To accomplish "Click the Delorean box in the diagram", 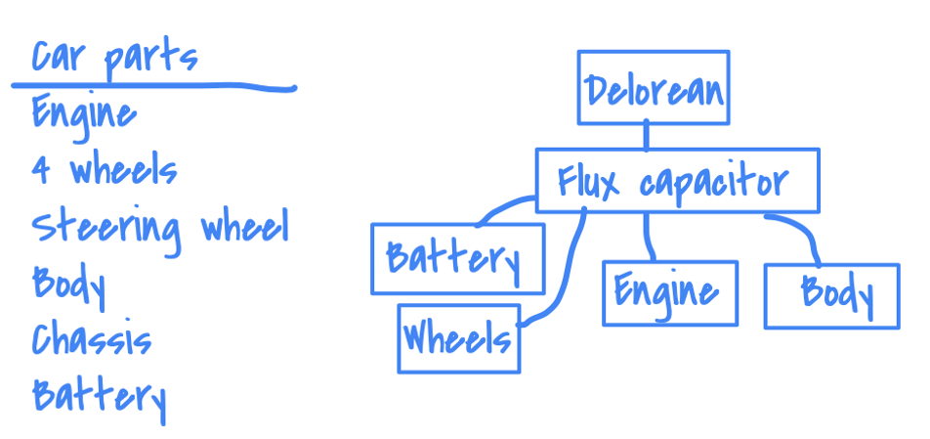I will pos(654,90).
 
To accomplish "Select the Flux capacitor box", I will pos(677,181).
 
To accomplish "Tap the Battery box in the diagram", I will pos(457,258).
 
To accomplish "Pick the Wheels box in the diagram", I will pos(458,338).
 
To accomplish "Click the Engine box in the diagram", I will pos(669,291).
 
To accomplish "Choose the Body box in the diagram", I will pos(831,295).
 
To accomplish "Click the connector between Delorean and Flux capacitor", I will pos(646,136).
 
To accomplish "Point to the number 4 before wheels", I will pos(41,171).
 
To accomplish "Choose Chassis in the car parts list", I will pos(92,339).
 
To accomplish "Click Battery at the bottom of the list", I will pos(98,396).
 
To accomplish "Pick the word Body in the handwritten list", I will pos(68,284).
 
